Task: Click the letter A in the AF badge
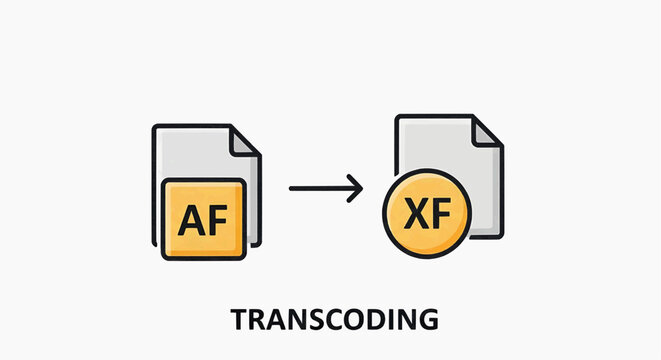click(x=190, y=220)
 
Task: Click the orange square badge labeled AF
click(x=201, y=220)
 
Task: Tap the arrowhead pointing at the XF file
click(x=355, y=187)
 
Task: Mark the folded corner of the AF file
click(x=244, y=143)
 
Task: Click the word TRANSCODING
click(x=334, y=320)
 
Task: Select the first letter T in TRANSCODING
click(x=240, y=320)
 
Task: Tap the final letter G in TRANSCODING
click(x=427, y=320)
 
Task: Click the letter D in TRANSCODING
click(x=375, y=320)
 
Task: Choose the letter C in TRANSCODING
click(x=332, y=320)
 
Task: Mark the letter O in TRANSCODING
click(x=353, y=320)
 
